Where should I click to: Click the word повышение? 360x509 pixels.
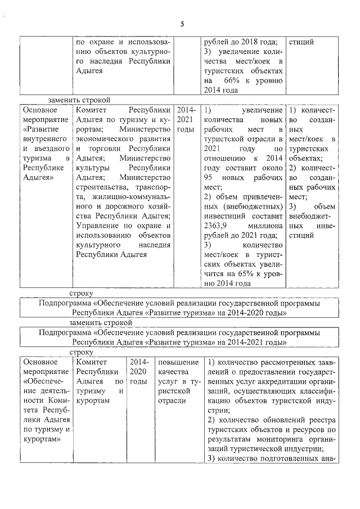(178, 362)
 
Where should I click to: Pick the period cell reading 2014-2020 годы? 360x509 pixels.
(138, 371)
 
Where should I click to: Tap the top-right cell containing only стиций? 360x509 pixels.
(301, 42)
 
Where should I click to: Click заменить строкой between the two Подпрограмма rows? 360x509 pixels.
(101, 323)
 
